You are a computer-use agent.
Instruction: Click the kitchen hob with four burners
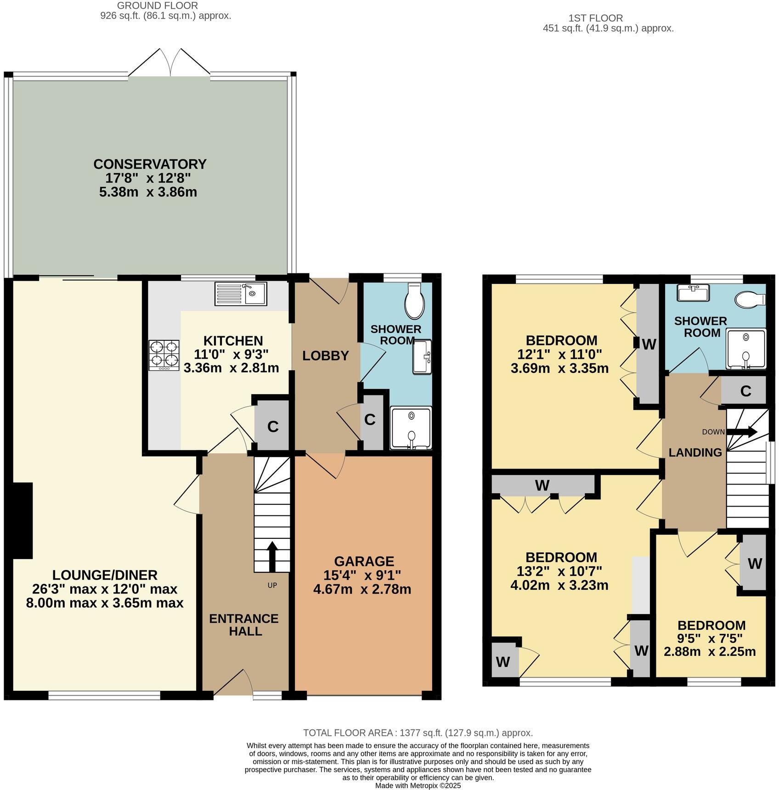164,355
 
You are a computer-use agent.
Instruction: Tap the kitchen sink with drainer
241,294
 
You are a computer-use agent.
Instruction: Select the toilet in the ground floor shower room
415,301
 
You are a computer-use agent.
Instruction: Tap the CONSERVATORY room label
150,164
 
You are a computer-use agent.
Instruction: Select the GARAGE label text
364,561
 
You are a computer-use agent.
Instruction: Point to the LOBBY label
325,355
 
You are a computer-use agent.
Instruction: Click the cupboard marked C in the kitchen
272,427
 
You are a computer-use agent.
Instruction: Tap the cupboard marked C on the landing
745,391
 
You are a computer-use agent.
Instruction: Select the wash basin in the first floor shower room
693,293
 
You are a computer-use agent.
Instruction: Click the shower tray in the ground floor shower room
411,428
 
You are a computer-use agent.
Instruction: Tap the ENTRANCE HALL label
244,625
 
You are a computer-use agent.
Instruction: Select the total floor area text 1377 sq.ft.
418,733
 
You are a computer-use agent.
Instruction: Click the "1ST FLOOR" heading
595,18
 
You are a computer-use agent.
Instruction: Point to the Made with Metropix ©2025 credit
418,785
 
